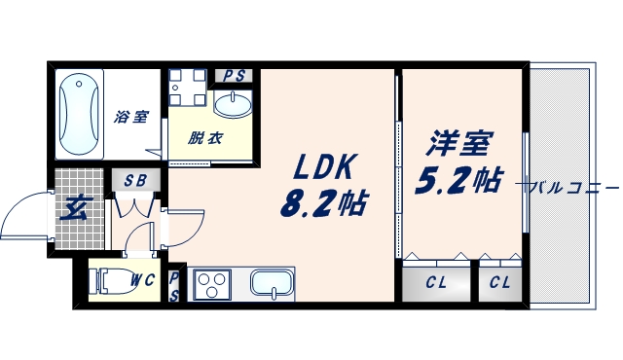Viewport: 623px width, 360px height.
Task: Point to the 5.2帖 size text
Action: [x=458, y=179]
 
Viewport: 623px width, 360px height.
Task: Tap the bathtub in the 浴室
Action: [x=81, y=115]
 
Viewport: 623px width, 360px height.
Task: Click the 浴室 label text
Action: [x=131, y=117]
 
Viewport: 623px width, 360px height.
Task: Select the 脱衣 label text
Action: [x=205, y=137]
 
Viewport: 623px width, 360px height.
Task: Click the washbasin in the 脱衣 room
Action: [x=233, y=104]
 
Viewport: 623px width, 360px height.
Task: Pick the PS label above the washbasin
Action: [x=234, y=76]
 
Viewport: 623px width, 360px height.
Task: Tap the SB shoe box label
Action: [x=135, y=179]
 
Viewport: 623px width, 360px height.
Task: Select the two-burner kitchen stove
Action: [x=211, y=285]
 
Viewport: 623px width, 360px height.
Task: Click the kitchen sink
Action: [x=273, y=284]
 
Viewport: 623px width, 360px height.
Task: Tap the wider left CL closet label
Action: [x=437, y=283]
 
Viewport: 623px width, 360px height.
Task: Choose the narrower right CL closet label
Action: [x=499, y=283]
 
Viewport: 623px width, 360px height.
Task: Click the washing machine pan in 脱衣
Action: [x=186, y=89]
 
